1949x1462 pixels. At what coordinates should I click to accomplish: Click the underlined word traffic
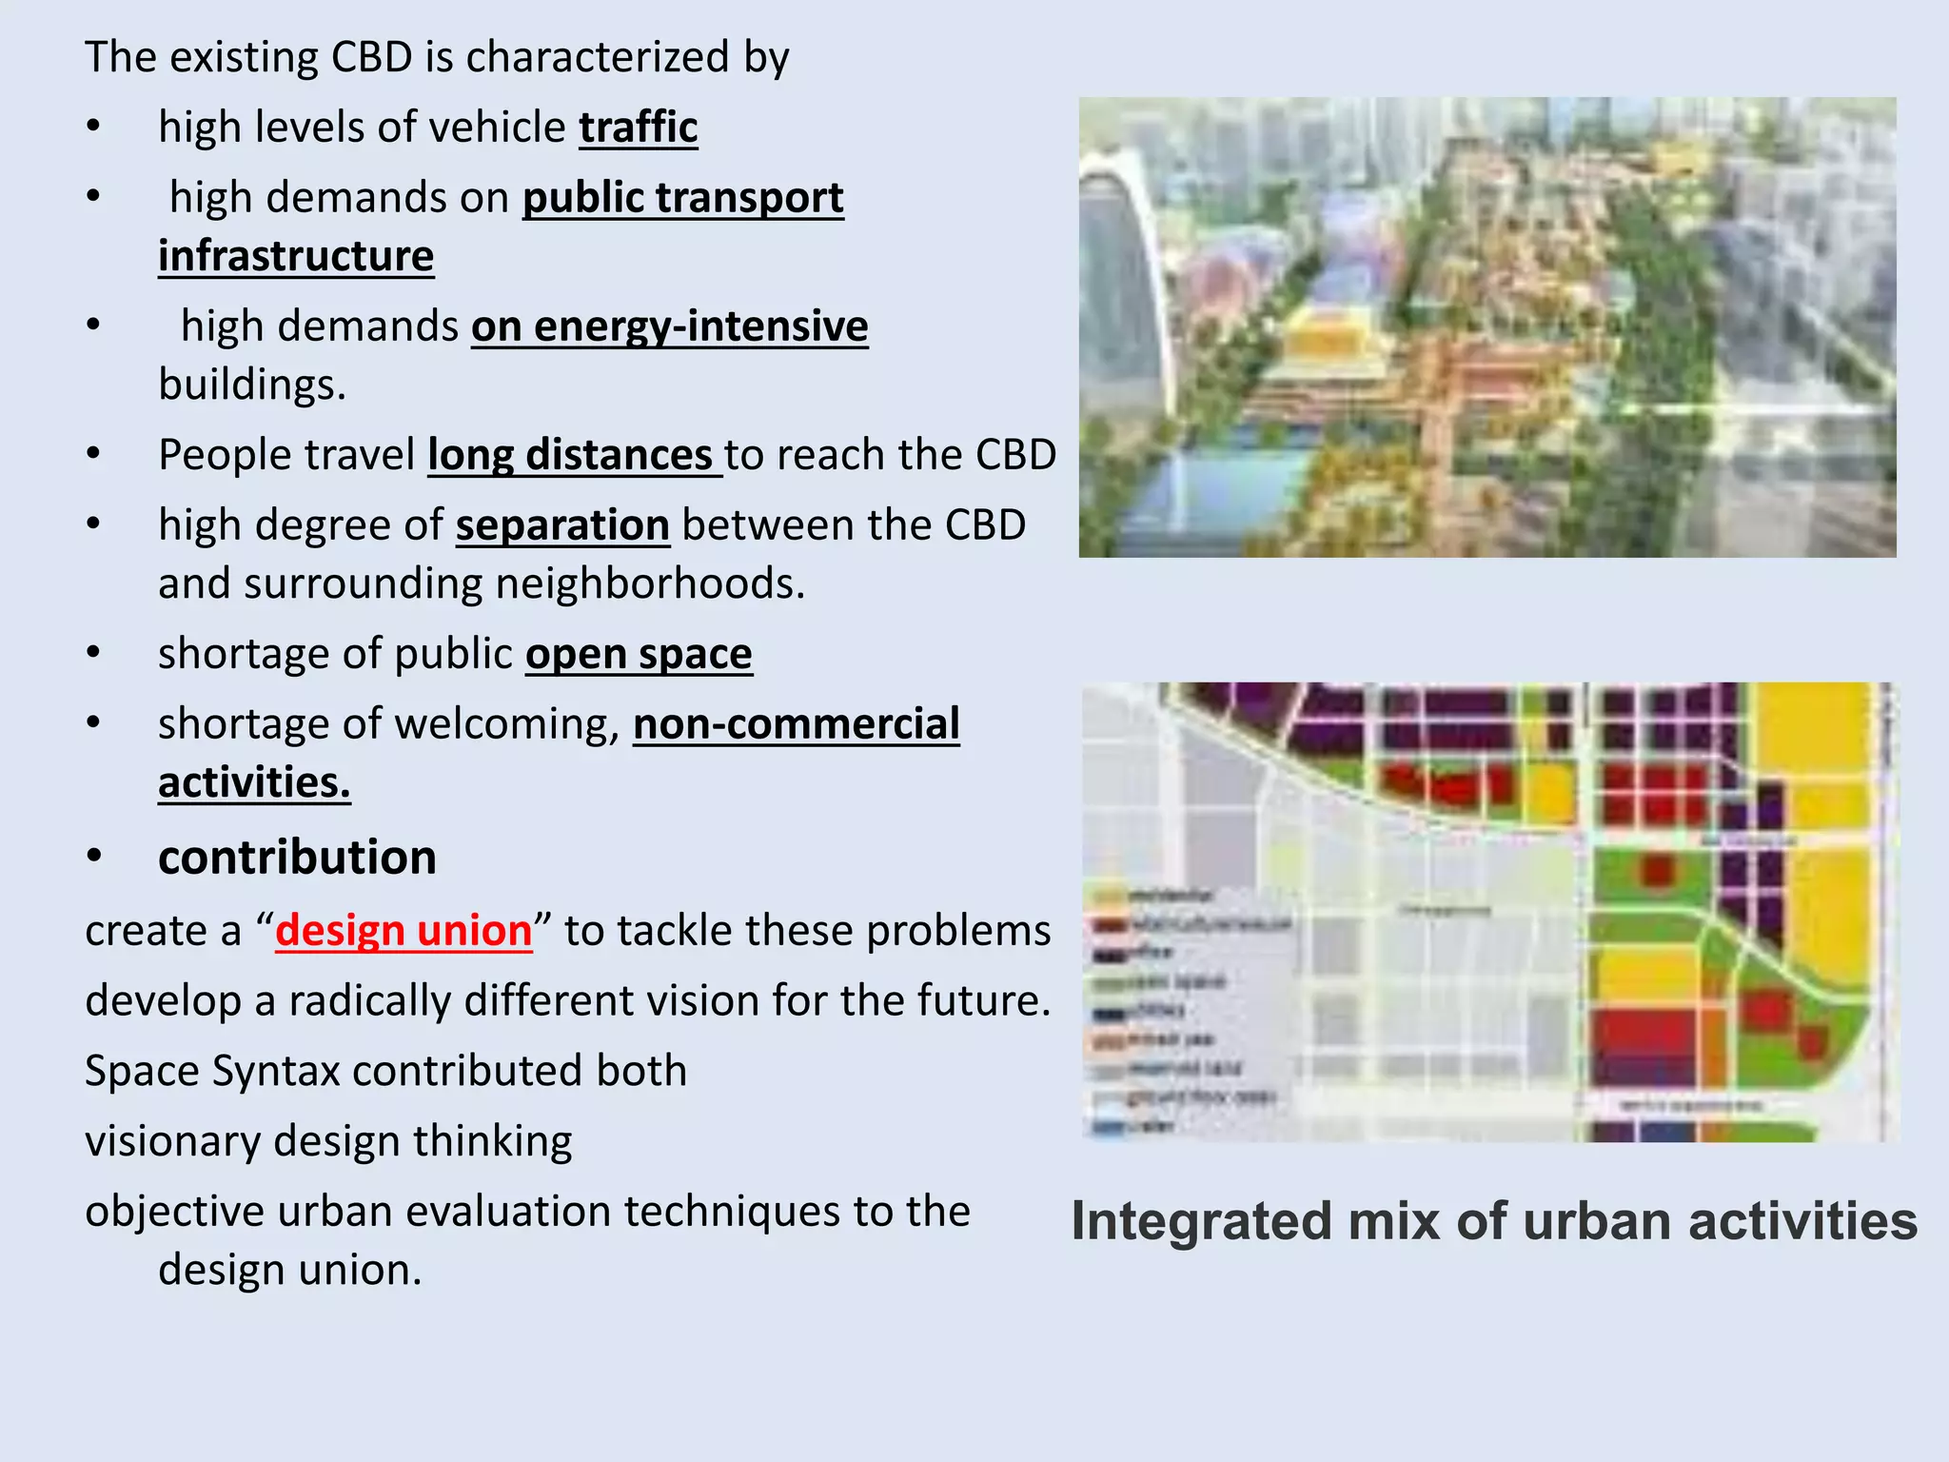coord(639,128)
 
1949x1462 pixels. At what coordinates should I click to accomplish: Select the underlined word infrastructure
coord(296,256)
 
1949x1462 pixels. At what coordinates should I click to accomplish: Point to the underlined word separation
coord(562,525)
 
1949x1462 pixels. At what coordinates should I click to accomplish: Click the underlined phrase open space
coord(639,654)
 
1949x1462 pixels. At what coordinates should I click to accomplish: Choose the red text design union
coord(404,930)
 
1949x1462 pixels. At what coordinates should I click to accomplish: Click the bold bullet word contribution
coord(297,857)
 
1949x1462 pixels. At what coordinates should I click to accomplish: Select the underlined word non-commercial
coord(797,724)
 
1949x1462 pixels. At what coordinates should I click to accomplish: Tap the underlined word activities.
coord(254,782)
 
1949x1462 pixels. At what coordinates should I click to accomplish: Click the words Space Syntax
coord(212,1071)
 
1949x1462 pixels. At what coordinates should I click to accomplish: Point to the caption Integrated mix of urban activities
coord(1494,1221)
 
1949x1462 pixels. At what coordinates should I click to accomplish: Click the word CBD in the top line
coord(371,57)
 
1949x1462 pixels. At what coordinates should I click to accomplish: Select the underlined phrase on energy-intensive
coord(669,326)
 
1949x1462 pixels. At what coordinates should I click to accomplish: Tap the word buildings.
coord(251,385)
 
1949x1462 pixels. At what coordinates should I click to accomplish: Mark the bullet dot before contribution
coord(93,857)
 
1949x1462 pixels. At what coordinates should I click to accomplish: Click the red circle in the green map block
coord(1657,871)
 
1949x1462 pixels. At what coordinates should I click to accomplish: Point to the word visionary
coord(169,1141)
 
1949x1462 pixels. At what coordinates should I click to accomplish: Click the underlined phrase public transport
coord(682,198)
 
